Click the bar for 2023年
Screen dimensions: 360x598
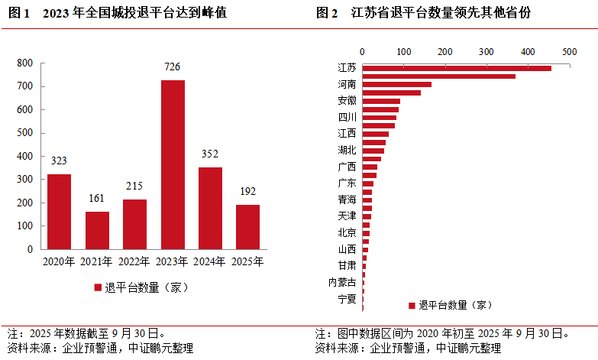pos(173,164)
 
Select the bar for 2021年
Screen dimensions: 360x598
pos(97,230)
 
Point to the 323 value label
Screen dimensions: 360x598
pos(59,161)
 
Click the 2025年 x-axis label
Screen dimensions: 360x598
pos(247,261)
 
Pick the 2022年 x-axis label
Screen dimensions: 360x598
pos(134,261)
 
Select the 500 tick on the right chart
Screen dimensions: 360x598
pos(568,52)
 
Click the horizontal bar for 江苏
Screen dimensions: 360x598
pos(456,68)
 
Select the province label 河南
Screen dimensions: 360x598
pos(347,84)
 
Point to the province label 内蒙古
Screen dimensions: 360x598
pos(342,282)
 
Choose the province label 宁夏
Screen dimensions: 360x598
pos(347,299)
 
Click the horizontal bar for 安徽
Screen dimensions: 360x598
pos(381,101)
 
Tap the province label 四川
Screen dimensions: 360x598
pos(347,117)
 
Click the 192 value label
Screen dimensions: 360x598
pos(247,192)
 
